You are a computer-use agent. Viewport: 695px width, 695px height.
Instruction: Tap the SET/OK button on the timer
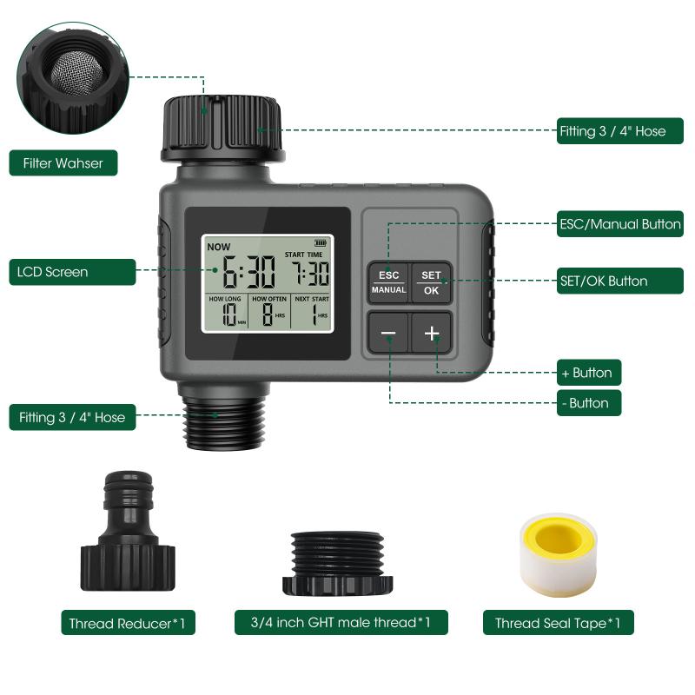(432, 282)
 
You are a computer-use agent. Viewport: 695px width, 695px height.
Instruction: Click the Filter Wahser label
(63, 162)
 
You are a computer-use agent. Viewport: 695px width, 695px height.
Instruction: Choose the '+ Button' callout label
(589, 373)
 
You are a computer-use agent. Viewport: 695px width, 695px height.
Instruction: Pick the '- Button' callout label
(589, 403)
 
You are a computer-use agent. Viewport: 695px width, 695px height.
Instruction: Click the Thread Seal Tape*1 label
(558, 623)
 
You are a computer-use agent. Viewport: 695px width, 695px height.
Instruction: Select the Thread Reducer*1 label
(128, 624)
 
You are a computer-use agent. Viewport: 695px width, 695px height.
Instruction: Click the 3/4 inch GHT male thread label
(341, 622)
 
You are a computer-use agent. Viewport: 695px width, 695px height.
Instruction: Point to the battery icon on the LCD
(323, 243)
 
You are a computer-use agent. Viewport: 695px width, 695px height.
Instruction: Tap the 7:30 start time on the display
(309, 275)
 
